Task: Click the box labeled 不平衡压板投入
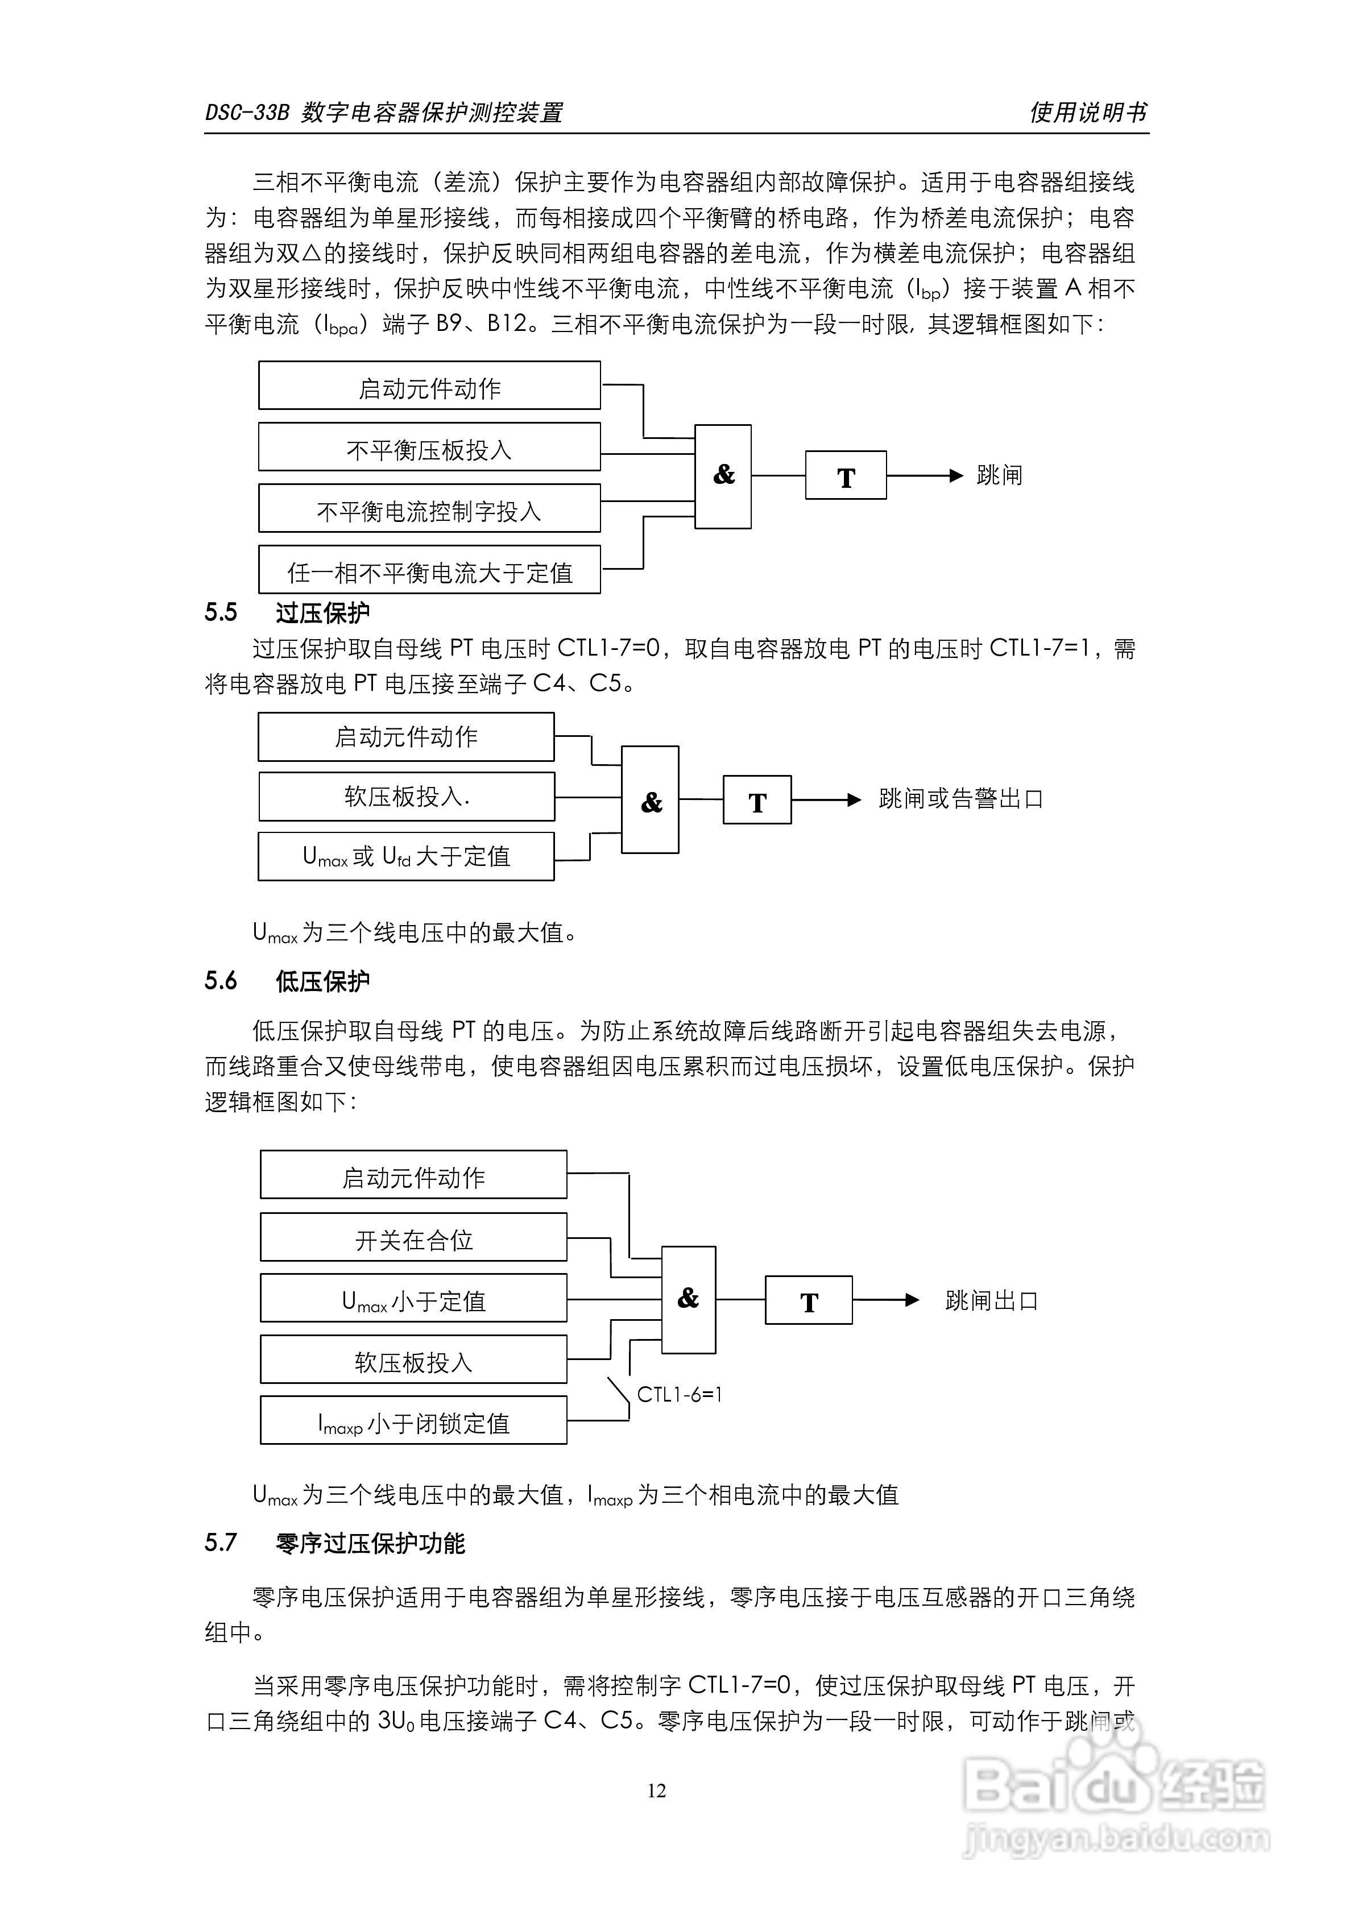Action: click(429, 447)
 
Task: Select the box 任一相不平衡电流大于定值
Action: click(429, 570)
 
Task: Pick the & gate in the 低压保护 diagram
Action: click(688, 1299)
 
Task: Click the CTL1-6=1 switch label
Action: click(679, 1394)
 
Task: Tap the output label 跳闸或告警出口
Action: click(961, 799)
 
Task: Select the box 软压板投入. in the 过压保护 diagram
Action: click(406, 797)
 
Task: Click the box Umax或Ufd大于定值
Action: click(405, 856)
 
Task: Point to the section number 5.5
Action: click(221, 612)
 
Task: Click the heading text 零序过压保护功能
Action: click(370, 1543)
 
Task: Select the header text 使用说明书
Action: click(1088, 112)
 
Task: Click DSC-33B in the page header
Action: click(247, 113)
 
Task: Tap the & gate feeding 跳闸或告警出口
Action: click(651, 800)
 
